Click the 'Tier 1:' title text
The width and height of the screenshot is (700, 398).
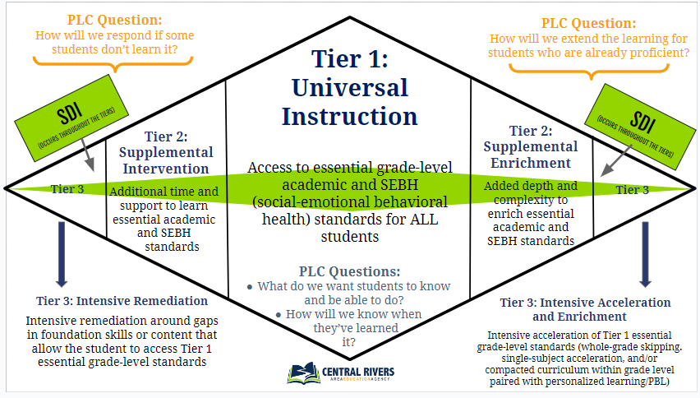(349, 59)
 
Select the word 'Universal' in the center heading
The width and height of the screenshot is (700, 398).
(350, 87)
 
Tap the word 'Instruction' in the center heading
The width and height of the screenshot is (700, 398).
(349, 116)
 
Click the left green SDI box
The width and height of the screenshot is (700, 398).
(71, 118)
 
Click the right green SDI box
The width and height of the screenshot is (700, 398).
(640, 127)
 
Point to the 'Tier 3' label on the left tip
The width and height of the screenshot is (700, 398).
(67, 189)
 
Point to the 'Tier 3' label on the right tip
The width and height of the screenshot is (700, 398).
(632, 190)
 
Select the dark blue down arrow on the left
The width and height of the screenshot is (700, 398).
(62, 254)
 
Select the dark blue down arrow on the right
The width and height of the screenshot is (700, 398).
(645, 254)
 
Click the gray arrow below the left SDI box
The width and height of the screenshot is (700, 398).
(88, 155)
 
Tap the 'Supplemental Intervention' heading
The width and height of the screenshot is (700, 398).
(166, 160)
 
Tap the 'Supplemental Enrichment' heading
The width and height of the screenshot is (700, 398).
(531, 155)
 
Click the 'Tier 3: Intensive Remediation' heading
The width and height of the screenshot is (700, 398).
(122, 301)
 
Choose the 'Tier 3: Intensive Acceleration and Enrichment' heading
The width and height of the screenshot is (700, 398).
(585, 309)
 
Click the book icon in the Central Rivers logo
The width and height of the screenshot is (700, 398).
(303, 373)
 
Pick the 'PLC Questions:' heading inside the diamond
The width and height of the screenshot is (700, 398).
(349, 271)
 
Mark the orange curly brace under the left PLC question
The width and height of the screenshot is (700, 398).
(113, 63)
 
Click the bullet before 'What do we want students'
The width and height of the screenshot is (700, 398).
(250, 287)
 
